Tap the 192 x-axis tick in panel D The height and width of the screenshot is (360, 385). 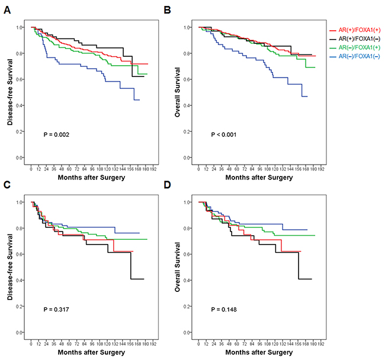320,342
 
